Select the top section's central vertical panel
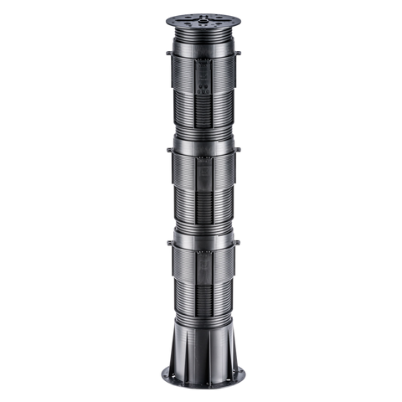click(x=201, y=80)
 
